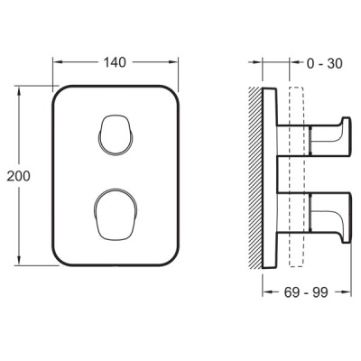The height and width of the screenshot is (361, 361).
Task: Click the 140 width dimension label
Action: coord(115,62)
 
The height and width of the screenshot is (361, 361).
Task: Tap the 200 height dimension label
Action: coord(19,176)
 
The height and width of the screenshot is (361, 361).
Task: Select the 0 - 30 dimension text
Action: coord(324,63)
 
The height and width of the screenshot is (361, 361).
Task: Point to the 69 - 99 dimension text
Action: coord(306,292)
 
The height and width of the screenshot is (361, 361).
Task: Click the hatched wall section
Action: coord(255,177)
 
